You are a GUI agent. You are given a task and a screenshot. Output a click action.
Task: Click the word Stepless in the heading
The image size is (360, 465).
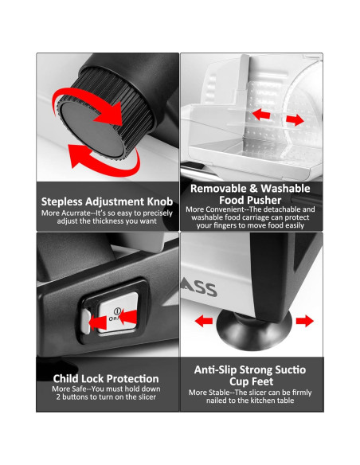(x=61, y=201)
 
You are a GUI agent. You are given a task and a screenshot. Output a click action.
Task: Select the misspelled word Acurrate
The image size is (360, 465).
(x=76, y=213)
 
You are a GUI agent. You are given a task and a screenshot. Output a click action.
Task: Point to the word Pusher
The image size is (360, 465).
(x=264, y=200)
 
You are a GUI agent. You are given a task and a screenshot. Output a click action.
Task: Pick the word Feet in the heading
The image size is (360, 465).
(x=263, y=381)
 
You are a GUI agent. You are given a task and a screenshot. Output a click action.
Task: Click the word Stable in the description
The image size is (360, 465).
(x=219, y=393)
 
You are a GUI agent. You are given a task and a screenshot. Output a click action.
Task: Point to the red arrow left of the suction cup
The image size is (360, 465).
(x=204, y=321)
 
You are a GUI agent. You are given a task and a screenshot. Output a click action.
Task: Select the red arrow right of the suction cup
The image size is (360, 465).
(x=304, y=321)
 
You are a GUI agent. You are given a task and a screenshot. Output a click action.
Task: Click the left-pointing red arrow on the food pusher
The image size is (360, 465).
(x=261, y=114)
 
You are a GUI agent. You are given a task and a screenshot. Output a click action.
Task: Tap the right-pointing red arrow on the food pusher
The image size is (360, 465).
(x=295, y=119)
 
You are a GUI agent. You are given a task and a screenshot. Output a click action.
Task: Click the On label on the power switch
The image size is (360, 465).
(x=113, y=318)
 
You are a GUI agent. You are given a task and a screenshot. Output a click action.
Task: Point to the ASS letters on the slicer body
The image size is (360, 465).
(x=198, y=289)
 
